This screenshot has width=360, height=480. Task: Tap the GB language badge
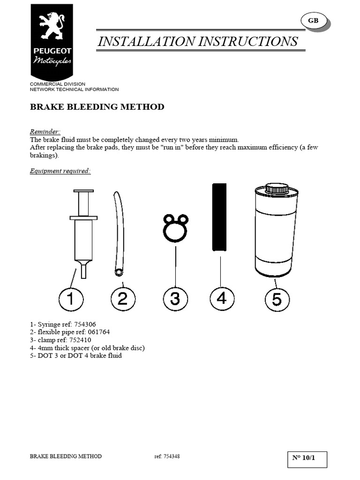pyautogui.click(x=313, y=21)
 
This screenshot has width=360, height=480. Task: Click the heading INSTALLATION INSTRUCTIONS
pyautogui.click(x=197, y=41)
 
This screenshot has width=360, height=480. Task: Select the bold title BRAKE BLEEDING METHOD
pyautogui.click(x=97, y=107)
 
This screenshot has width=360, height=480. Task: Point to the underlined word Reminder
pyautogui.click(x=45, y=132)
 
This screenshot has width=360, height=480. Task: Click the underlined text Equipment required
pyautogui.click(x=60, y=171)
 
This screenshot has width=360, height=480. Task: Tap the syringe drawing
pyautogui.click(x=83, y=230)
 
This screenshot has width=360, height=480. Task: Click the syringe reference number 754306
pyautogui.click(x=85, y=324)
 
